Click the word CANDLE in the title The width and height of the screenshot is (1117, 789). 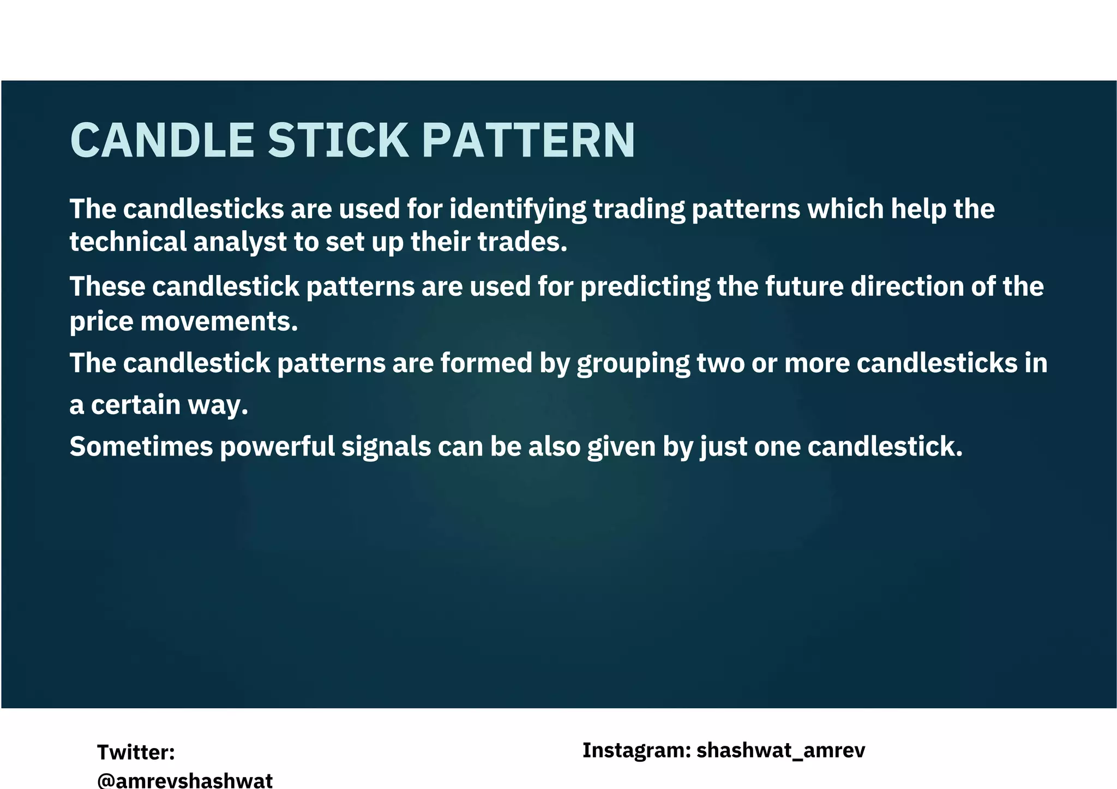(162, 140)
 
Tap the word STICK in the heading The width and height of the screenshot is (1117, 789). (338, 140)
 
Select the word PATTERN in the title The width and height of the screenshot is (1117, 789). (529, 140)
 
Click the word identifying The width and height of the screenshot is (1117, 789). (518, 210)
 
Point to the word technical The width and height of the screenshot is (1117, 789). (128, 242)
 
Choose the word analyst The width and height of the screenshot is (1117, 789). (240, 243)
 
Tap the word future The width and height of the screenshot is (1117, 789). (804, 286)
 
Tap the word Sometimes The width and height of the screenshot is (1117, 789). (141, 447)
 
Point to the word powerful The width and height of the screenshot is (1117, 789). (277, 447)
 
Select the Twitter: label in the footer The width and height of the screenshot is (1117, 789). (136, 752)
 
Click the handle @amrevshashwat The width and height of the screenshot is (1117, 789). (185, 780)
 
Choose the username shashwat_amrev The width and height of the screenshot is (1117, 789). (780, 751)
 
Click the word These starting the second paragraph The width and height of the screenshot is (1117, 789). (107, 286)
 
